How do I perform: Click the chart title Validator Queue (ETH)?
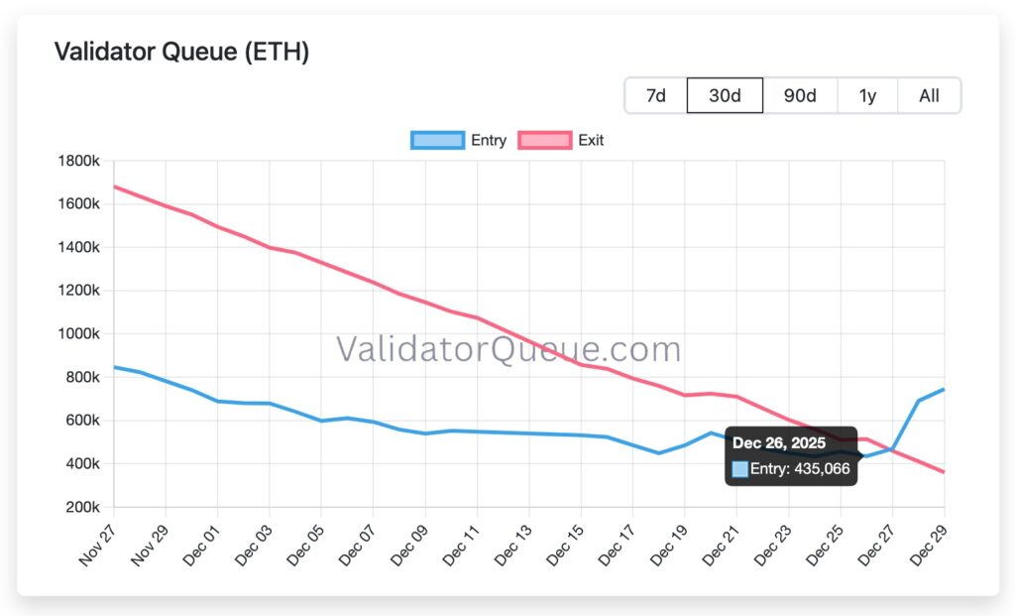tap(181, 52)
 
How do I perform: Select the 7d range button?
tap(655, 95)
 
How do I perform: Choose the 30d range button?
tap(725, 95)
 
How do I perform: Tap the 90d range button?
tap(800, 95)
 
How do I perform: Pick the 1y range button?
tap(867, 95)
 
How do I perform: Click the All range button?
tap(929, 95)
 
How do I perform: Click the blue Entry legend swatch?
tap(437, 140)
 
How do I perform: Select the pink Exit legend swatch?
tap(544, 140)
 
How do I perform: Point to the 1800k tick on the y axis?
tap(80, 161)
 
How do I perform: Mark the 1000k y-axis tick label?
tap(80, 333)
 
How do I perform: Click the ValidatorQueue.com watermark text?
tap(508, 349)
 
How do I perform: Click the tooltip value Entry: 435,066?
tap(800, 468)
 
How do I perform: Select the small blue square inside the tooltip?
tap(739, 469)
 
